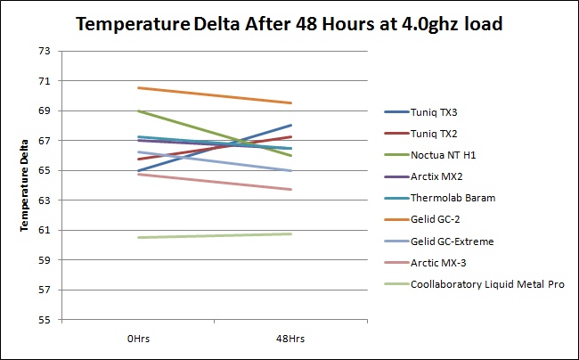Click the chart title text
289,24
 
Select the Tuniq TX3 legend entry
420,112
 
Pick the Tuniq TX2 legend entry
420,134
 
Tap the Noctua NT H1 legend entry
430,155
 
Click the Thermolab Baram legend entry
439,198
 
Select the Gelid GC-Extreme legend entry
438,241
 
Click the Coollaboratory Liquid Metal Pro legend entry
474,284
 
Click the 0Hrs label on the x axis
138,339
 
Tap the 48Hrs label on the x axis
290,339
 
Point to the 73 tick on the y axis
45,51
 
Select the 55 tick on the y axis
45,320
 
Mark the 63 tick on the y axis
45,200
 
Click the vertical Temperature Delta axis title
24,185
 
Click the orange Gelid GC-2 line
215,95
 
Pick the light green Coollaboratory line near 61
215,235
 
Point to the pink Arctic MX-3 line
215,182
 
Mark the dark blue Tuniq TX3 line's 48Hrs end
291,126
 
